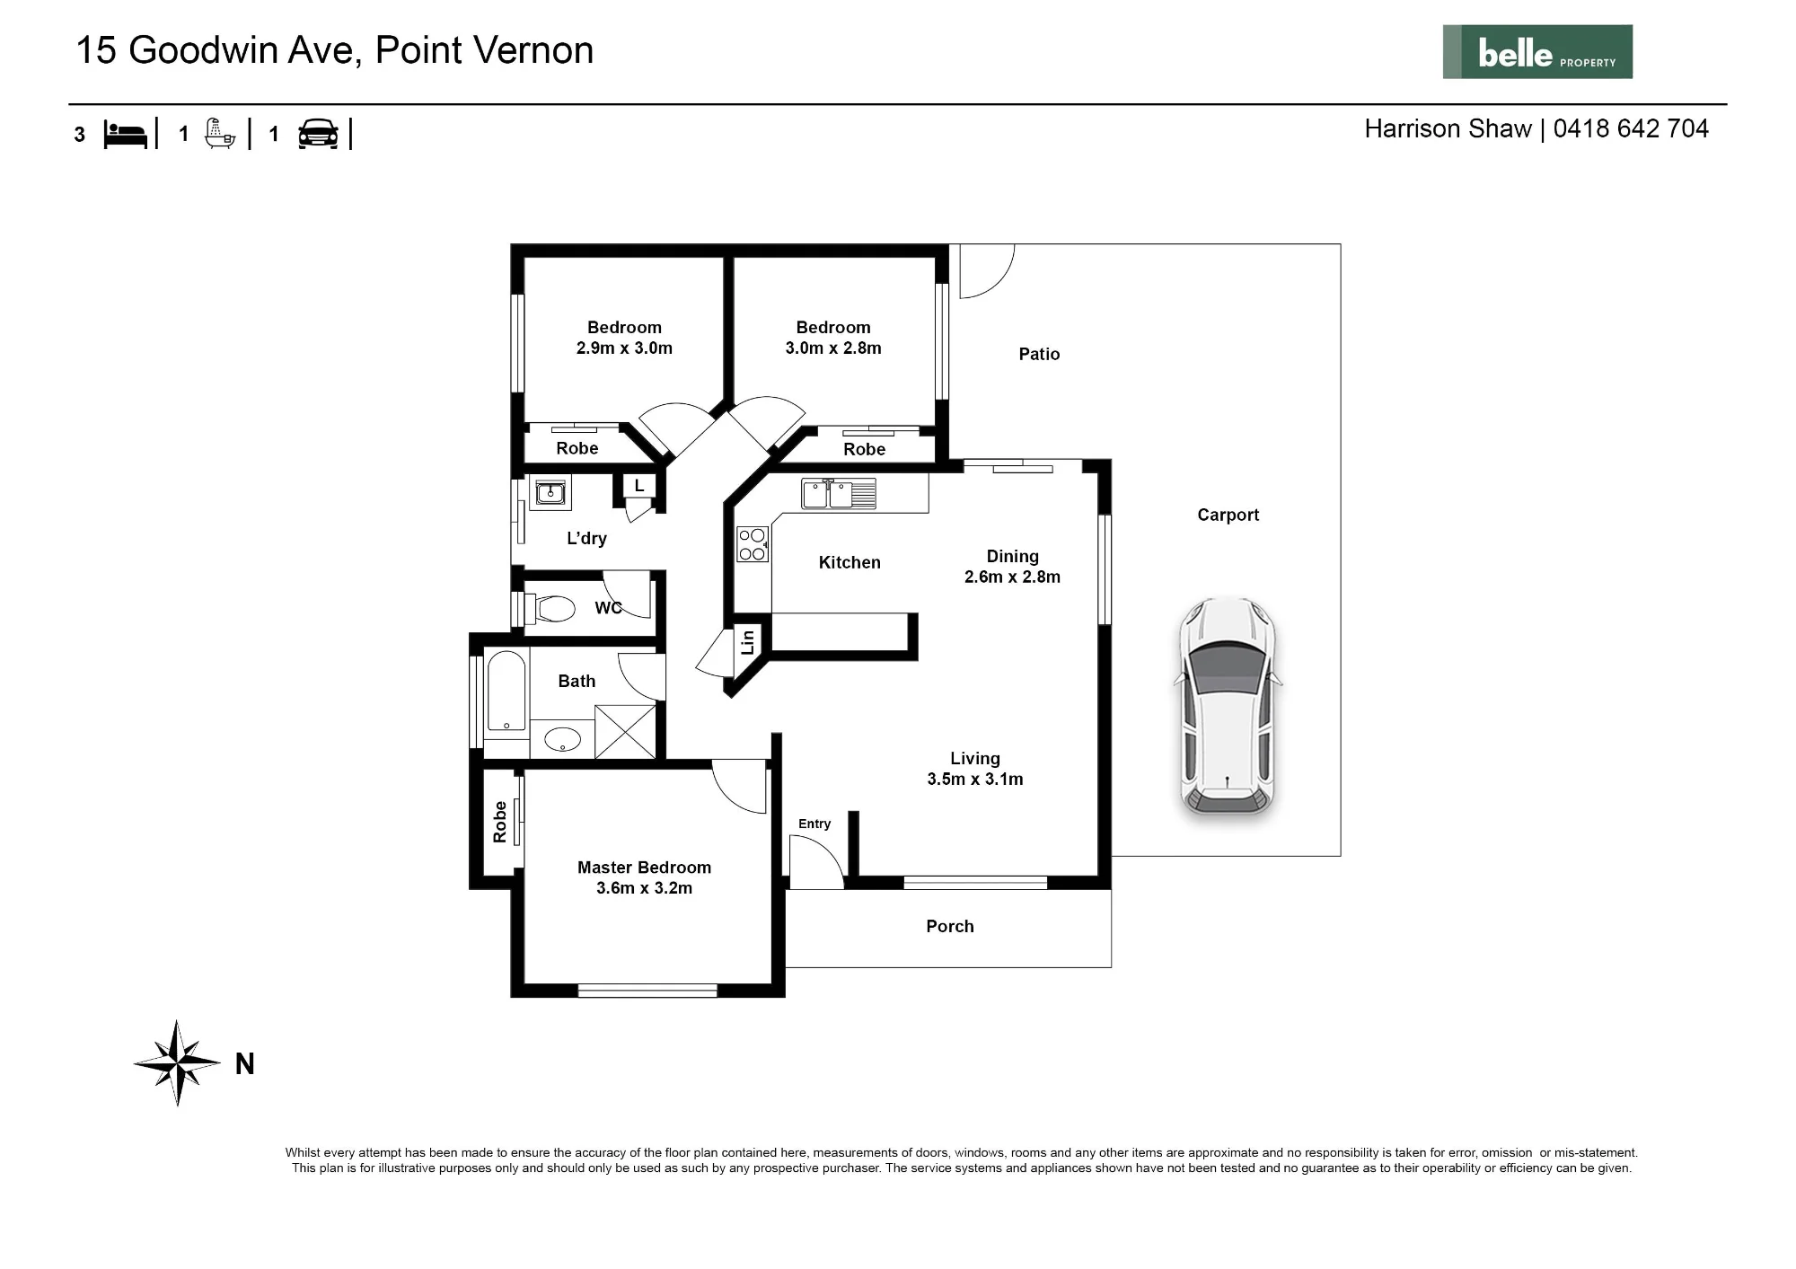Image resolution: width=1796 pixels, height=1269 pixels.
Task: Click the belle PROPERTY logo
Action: [x=1537, y=52]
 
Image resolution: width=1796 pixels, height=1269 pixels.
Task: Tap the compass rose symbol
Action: [x=178, y=1063]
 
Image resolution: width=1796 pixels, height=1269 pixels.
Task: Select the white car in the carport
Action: [x=1228, y=707]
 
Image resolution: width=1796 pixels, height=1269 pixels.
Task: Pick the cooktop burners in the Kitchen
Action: [x=753, y=544]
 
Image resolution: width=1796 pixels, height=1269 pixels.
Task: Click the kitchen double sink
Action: [x=839, y=494]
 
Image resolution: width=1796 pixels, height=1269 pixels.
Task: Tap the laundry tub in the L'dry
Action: [x=550, y=492]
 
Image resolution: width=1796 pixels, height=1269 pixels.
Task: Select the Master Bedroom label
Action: [x=644, y=868]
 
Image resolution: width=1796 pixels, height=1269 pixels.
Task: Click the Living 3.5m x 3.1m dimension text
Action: [x=975, y=780]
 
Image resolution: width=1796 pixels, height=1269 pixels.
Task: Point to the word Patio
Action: [x=1039, y=354]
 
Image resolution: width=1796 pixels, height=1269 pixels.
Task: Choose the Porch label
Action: [x=950, y=926]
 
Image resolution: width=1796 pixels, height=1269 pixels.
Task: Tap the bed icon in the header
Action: [x=125, y=134]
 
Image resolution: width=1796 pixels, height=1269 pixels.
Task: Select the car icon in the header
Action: [x=318, y=134]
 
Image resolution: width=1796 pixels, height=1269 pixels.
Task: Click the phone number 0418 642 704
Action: [x=1631, y=128]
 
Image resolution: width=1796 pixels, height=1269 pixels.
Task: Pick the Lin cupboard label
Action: [x=747, y=641]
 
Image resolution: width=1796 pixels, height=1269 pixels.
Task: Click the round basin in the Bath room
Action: [x=563, y=740]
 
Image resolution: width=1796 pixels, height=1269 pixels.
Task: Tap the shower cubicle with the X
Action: [x=625, y=732]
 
